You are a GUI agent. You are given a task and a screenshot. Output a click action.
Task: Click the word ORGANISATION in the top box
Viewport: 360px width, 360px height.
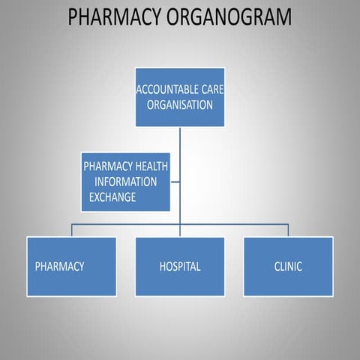pos(180,104)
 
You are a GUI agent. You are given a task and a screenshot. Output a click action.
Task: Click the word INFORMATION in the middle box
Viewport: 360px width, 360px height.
pos(125,181)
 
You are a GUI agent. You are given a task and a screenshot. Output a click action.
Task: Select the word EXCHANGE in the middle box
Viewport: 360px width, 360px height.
pos(113,197)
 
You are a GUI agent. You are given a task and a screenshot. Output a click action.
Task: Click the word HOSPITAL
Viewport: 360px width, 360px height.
pos(180,266)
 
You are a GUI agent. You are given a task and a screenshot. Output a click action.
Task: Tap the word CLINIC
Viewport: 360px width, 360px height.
pos(288,266)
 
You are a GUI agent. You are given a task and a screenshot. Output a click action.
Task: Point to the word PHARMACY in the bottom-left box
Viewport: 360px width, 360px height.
pos(60,266)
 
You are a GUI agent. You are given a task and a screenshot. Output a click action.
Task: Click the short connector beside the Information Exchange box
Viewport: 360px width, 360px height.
pos(175,181)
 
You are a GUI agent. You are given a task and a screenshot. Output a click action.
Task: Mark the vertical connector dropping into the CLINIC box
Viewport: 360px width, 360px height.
pos(288,230)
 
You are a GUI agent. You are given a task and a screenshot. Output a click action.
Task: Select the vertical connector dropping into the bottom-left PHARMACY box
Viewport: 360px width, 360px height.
pos(72,230)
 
